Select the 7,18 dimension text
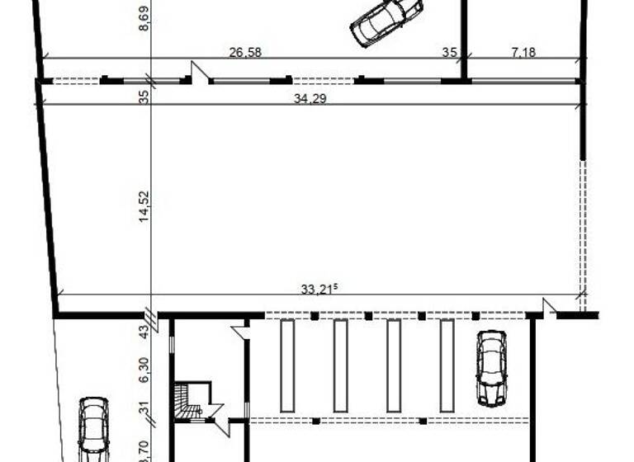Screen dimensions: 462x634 pos(524,53)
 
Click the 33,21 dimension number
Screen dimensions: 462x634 pos(319,289)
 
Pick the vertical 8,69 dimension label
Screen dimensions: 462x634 pos(145,17)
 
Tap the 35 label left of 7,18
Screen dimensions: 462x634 pos(449,53)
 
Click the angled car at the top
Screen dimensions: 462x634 pos(386,21)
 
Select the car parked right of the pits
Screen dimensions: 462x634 pos(491,368)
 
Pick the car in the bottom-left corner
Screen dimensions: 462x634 pos(93,429)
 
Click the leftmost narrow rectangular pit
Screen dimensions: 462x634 pos(287,365)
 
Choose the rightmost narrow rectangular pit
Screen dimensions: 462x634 pos(447,365)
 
